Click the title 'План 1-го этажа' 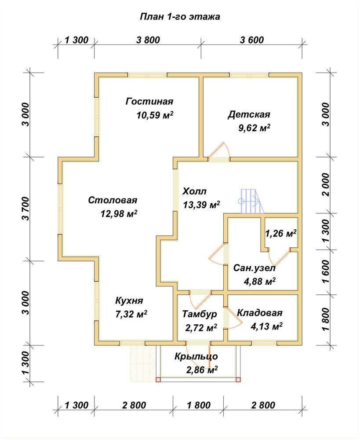point(180,17)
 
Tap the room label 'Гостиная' point(149,101)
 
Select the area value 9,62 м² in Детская point(255,128)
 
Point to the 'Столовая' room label point(113,200)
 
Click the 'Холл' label point(194,191)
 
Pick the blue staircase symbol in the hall point(251,201)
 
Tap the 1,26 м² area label point(281,233)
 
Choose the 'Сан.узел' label point(255,268)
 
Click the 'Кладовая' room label point(260,312)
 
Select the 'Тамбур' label point(200,314)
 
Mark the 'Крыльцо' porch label point(196,356)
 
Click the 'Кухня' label point(129,301)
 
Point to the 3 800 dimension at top point(148,40)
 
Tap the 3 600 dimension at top point(252,40)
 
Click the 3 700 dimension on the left point(25,209)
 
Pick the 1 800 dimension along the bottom point(199,405)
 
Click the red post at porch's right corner point(238,380)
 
